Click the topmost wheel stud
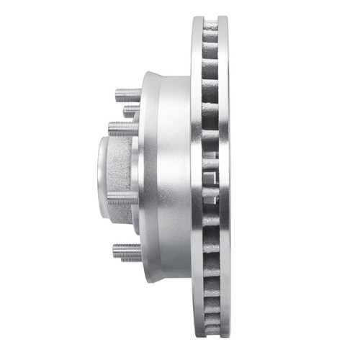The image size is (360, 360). click(127, 94)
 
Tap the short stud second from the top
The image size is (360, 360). click(131, 112)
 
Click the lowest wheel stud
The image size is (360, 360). click(127, 251)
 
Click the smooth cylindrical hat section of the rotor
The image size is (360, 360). click(169, 180)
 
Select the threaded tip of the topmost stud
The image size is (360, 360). click(117, 94)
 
